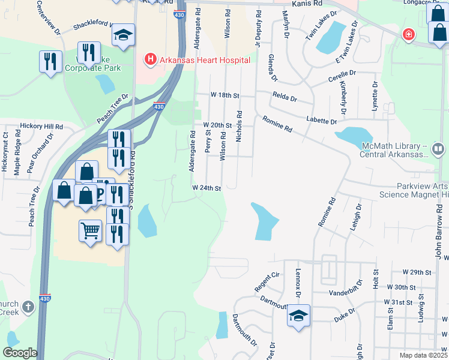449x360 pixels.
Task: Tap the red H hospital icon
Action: pos(149,59)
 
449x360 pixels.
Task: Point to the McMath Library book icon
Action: pos(438,148)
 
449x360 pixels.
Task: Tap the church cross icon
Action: pos(28,307)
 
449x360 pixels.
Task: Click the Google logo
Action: pos(20,353)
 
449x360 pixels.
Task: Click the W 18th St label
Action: pos(224,95)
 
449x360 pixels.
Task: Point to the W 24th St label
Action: pos(207,188)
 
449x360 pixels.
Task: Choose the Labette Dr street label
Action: pos(321,121)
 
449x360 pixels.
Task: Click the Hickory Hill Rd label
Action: pos(41,127)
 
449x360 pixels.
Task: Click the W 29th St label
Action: pos(417,272)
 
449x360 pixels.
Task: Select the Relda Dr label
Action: pos(285,96)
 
